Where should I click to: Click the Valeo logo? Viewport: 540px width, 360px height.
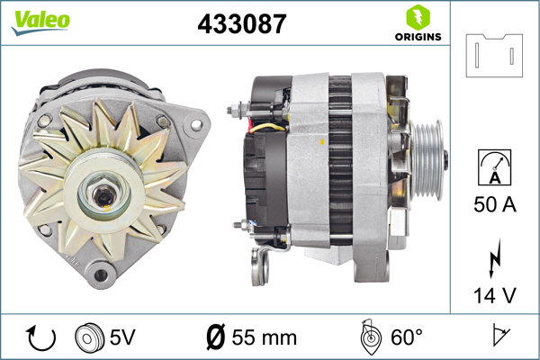[x=40, y=22]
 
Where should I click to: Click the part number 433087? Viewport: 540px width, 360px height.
[x=242, y=23]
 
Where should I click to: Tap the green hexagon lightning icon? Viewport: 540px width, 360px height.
[x=418, y=17]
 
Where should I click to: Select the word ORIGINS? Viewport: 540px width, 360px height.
[x=418, y=37]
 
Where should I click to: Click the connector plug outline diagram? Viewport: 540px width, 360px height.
[x=494, y=56]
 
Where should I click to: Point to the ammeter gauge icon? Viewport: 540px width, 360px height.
[x=494, y=167]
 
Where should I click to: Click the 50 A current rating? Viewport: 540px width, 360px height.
[x=495, y=204]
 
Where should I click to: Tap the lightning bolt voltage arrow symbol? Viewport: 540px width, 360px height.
[x=494, y=258]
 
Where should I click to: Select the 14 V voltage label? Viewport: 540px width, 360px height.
[x=495, y=295]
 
